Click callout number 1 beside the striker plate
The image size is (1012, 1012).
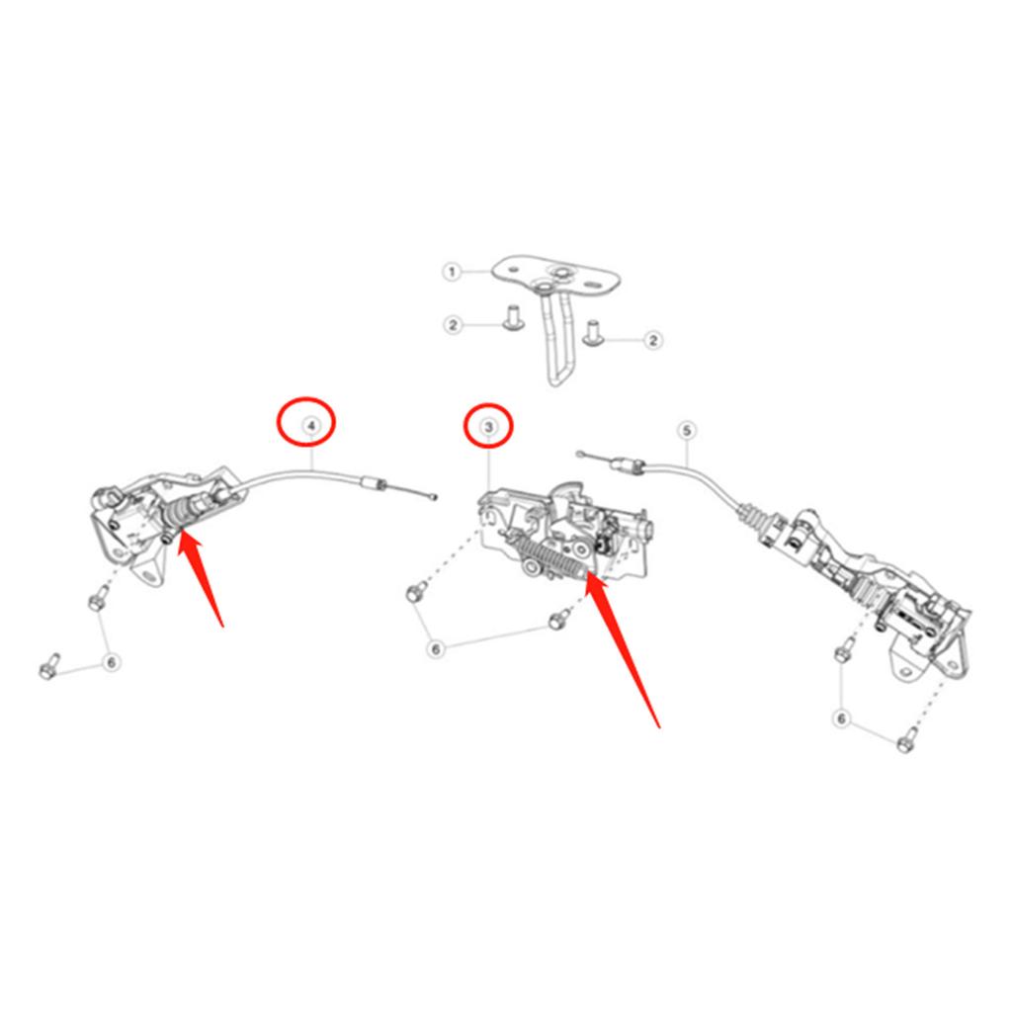pos(452,272)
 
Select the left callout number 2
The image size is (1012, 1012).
pos(453,324)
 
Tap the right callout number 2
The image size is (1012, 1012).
pos(653,340)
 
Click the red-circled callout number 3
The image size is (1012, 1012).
pos(488,427)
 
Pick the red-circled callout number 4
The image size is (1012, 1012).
pos(311,425)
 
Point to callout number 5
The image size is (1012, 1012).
pos(688,431)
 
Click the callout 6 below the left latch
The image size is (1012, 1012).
pos(112,662)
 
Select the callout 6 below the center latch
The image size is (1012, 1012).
pos(436,648)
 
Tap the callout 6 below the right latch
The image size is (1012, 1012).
pos(842,718)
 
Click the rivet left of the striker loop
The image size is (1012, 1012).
pos(513,318)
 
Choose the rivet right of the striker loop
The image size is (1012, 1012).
pos(591,333)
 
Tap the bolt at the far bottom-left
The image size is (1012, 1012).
pos(49,667)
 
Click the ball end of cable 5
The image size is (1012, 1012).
pos(579,455)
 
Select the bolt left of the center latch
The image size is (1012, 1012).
pos(416,590)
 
